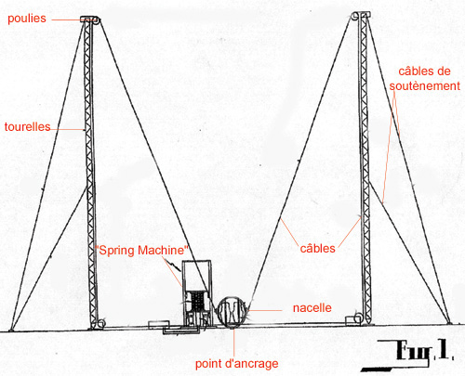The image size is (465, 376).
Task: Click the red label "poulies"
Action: point(27,19)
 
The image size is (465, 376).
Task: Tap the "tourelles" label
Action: point(27,127)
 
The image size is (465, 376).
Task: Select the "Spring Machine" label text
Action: point(141,250)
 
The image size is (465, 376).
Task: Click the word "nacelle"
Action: point(312,308)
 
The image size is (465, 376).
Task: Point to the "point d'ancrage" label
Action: point(236,364)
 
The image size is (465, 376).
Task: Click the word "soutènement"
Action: point(424,86)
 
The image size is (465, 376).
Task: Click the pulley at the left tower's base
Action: point(100,324)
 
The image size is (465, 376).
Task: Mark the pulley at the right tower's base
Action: point(358,319)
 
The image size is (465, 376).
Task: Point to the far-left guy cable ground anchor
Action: point(11,330)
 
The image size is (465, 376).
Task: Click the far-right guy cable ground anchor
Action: point(449,323)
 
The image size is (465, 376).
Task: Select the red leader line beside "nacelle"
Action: point(265,310)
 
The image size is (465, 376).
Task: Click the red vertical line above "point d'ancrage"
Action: point(233,343)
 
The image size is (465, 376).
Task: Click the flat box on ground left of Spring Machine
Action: point(158,325)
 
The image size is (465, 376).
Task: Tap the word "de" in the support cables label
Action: point(443,71)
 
